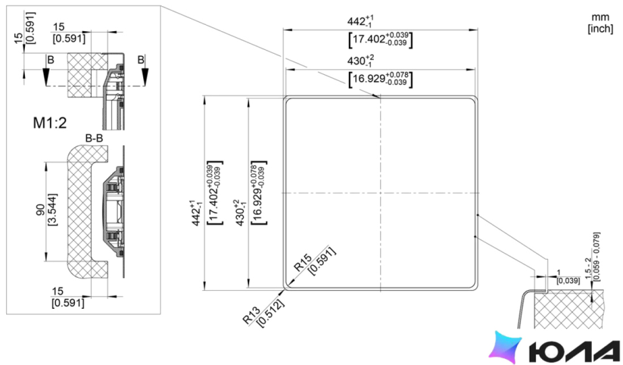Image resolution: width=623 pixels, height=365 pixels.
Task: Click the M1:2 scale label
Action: (x=50, y=123)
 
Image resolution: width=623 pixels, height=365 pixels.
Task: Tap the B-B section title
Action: (x=94, y=138)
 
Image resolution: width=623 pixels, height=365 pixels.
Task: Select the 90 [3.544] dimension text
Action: (x=46, y=210)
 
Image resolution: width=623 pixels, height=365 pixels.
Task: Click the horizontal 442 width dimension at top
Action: (x=360, y=21)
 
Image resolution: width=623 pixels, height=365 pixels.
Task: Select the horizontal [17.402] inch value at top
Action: (x=380, y=39)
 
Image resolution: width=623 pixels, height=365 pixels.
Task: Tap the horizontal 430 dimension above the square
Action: (x=360, y=61)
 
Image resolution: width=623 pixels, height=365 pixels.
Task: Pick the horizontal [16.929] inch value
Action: (x=380, y=79)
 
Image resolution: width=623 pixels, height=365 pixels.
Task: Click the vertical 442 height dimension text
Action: (x=197, y=213)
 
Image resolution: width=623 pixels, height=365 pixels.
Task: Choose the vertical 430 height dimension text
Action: (x=241, y=213)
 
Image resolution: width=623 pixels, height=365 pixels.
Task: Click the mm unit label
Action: (x=600, y=18)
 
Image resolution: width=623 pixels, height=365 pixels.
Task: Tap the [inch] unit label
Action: (x=600, y=29)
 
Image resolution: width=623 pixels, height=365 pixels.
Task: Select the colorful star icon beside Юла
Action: (x=505, y=347)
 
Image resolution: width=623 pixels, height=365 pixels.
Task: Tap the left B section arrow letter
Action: (x=50, y=60)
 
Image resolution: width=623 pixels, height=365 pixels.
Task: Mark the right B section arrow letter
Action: (x=140, y=60)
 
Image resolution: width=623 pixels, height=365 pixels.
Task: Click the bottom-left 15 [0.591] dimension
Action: (x=68, y=298)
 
